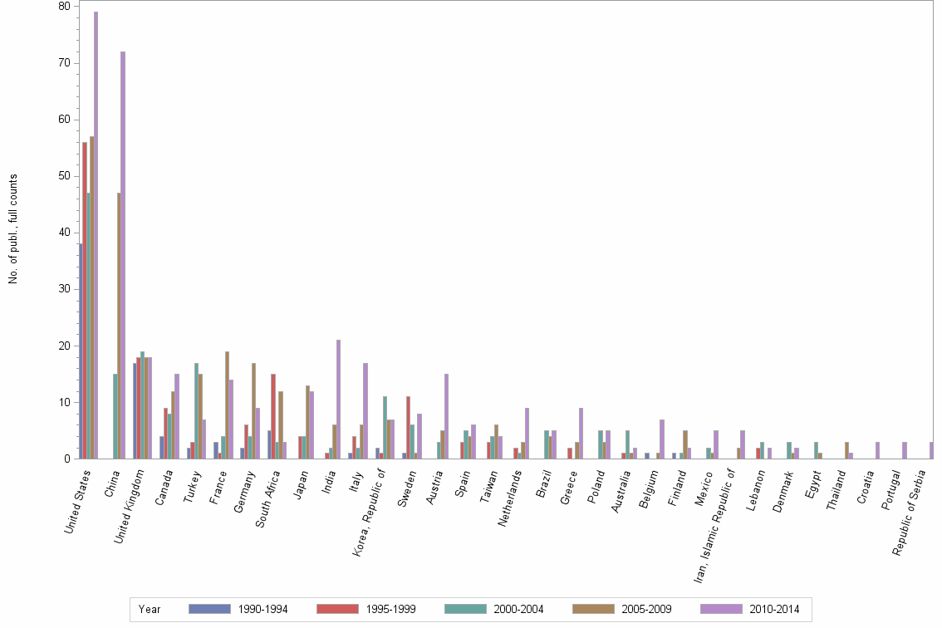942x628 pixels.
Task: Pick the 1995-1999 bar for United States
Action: (85, 300)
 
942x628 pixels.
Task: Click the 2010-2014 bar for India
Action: (338, 399)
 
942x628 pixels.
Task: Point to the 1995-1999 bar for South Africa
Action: (273, 416)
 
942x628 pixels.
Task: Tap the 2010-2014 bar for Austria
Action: (446, 416)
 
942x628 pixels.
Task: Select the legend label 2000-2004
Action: (519, 610)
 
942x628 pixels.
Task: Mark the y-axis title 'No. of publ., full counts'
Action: (13, 229)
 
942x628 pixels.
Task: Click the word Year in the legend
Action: (150, 610)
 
